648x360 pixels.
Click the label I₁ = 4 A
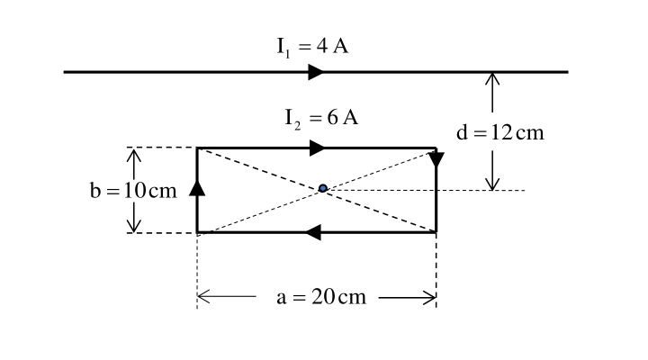click(312, 47)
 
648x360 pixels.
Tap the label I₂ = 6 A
click(321, 119)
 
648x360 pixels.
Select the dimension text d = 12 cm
click(500, 132)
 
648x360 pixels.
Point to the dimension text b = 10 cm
click(133, 191)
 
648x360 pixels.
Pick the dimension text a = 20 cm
click(321, 297)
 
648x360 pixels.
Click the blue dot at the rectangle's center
click(323, 188)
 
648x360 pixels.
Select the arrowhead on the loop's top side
click(318, 148)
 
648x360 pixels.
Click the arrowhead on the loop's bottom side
click(313, 232)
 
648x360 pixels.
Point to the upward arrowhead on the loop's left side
click(197, 187)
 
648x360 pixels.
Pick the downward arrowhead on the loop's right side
click(436, 160)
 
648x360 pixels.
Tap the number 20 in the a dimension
click(323, 297)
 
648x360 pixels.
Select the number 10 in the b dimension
click(135, 191)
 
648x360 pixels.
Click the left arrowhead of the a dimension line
click(203, 297)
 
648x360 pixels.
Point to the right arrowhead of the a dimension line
click(429, 297)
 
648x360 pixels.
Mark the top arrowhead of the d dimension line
click(492, 79)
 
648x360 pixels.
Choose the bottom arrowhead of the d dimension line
click(492, 184)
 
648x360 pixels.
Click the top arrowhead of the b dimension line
click(133, 156)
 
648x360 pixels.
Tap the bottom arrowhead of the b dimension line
click(133, 225)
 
